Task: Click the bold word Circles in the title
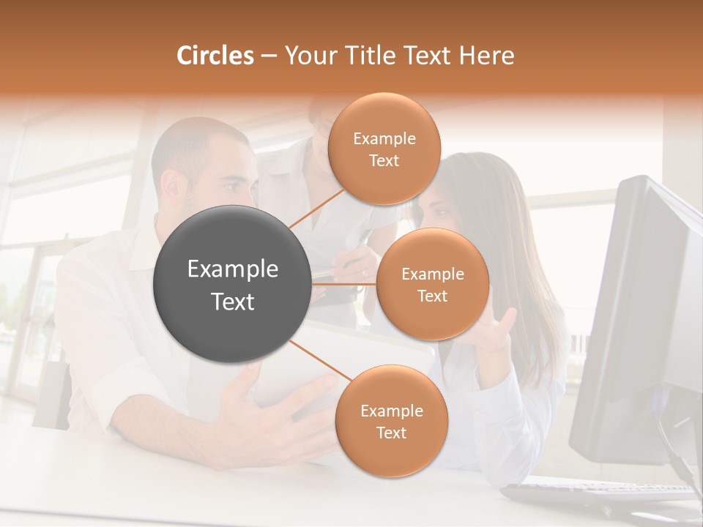(215, 56)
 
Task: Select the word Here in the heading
(486, 56)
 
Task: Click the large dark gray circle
(232, 284)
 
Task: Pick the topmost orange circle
(384, 149)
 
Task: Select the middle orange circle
(432, 284)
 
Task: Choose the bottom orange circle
(391, 421)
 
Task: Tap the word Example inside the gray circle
(232, 269)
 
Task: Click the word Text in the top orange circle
(384, 160)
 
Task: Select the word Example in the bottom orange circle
(391, 411)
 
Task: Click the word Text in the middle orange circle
(432, 296)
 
